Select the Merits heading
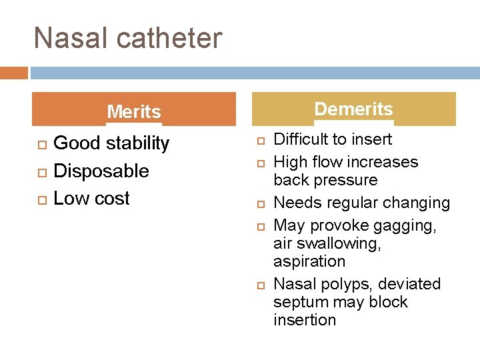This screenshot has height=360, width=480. coord(134,111)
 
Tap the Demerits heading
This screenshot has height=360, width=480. coord(353,109)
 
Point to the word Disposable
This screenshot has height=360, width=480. coord(101,171)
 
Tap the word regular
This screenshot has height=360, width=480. coord(349,203)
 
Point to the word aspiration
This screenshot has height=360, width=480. coord(309,261)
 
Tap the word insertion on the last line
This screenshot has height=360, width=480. coord(305,320)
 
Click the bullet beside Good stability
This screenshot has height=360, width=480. coord(41,144)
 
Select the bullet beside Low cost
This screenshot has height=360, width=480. coord(41,199)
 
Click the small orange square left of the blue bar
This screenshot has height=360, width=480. coord(13,72)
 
